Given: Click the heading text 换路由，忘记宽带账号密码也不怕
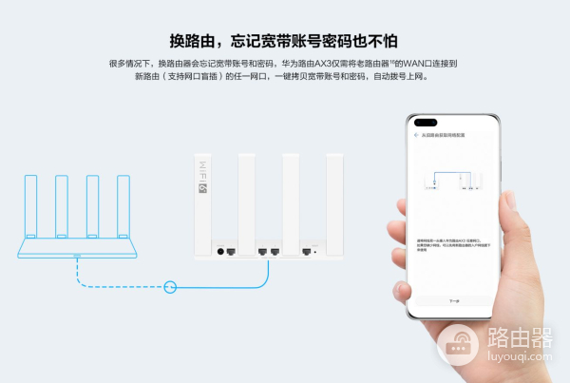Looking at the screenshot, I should click(x=285, y=41).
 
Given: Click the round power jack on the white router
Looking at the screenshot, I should click(x=221, y=253).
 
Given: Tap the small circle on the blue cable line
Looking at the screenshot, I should click(x=171, y=285).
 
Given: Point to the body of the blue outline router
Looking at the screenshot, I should click(x=76, y=250).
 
